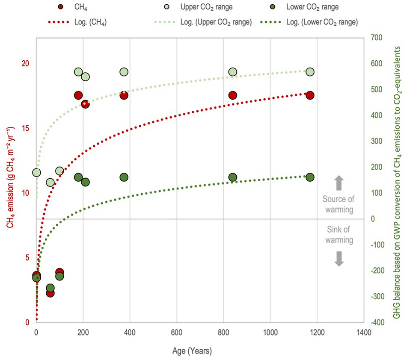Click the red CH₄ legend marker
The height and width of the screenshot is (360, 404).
pyautogui.click(x=62, y=8)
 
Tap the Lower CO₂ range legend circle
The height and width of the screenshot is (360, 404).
pyautogui.click(x=277, y=8)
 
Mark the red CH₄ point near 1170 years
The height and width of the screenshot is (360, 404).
pyautogui.click(x=309, y=95)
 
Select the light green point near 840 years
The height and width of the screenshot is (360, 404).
pyautogui.click(x=232, y=72)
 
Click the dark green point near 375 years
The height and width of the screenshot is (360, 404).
pyautogui.click(x=124, y=177)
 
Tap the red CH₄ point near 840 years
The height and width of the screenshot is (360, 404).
pyautogui.click(x=232, y=95)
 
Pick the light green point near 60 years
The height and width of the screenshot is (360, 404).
pyautogui.click(x=50, y=183)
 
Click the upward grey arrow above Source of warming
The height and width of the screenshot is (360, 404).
pyautogui.click(x=339, y=183)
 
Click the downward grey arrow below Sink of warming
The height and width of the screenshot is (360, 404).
pyautogui.click(x=339, y=259)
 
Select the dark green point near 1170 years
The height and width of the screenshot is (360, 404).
pyautogui.click(x=309, y=177)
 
